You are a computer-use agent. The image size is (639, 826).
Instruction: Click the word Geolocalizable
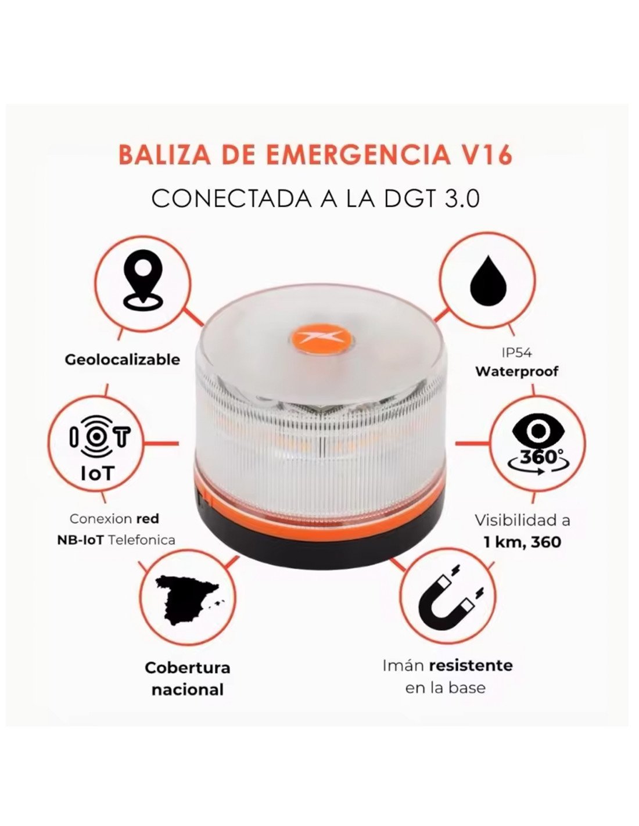(123, 360)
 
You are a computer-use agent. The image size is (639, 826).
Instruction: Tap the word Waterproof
(517, 371)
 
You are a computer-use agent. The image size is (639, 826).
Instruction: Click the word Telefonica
(141, 540)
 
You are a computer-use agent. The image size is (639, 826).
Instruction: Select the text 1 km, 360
(522, 542)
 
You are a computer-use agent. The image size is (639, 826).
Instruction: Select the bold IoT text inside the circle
(98, 473)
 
